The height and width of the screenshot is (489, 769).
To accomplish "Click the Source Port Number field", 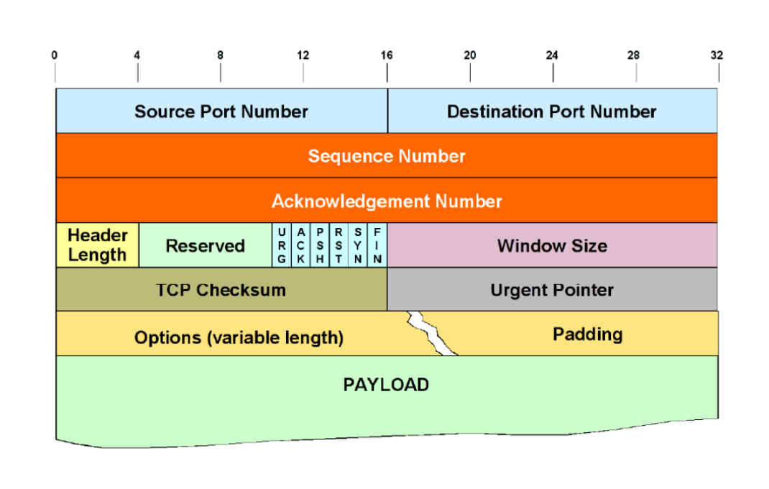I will tap(221, 111).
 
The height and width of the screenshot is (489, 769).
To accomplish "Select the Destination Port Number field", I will tap(551, 111).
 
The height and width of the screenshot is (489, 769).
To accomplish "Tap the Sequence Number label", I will tap(387, 156).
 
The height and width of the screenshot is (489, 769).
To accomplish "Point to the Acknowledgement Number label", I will tap(387, 201).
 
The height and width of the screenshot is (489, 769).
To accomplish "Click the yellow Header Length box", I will tap(97, 245).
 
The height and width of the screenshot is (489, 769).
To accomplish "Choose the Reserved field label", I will tap(206, 246).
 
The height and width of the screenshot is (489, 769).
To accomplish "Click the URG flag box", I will tap(282, 245).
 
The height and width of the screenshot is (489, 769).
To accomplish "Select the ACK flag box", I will tap(301, 245).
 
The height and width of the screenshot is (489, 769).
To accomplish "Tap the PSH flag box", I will tap(320, 245).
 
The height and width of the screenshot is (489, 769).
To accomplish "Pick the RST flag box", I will tap(339, 245).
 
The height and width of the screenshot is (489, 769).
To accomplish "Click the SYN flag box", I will tap(357, 245).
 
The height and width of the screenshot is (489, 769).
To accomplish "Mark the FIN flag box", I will tap(377, 245).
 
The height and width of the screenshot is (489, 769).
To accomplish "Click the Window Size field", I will tap(552, 246).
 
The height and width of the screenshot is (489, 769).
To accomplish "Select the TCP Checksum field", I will tap(221, 290).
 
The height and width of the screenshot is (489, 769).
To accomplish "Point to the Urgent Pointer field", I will tap(552, 290).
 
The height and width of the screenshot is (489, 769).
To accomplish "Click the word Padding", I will tap(587, 334).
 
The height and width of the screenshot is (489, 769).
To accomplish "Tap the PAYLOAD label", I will tap(386, 385).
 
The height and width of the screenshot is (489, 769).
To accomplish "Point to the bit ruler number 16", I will tap(387, 55).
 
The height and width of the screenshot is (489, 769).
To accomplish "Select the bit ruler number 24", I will tap(553, 55).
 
